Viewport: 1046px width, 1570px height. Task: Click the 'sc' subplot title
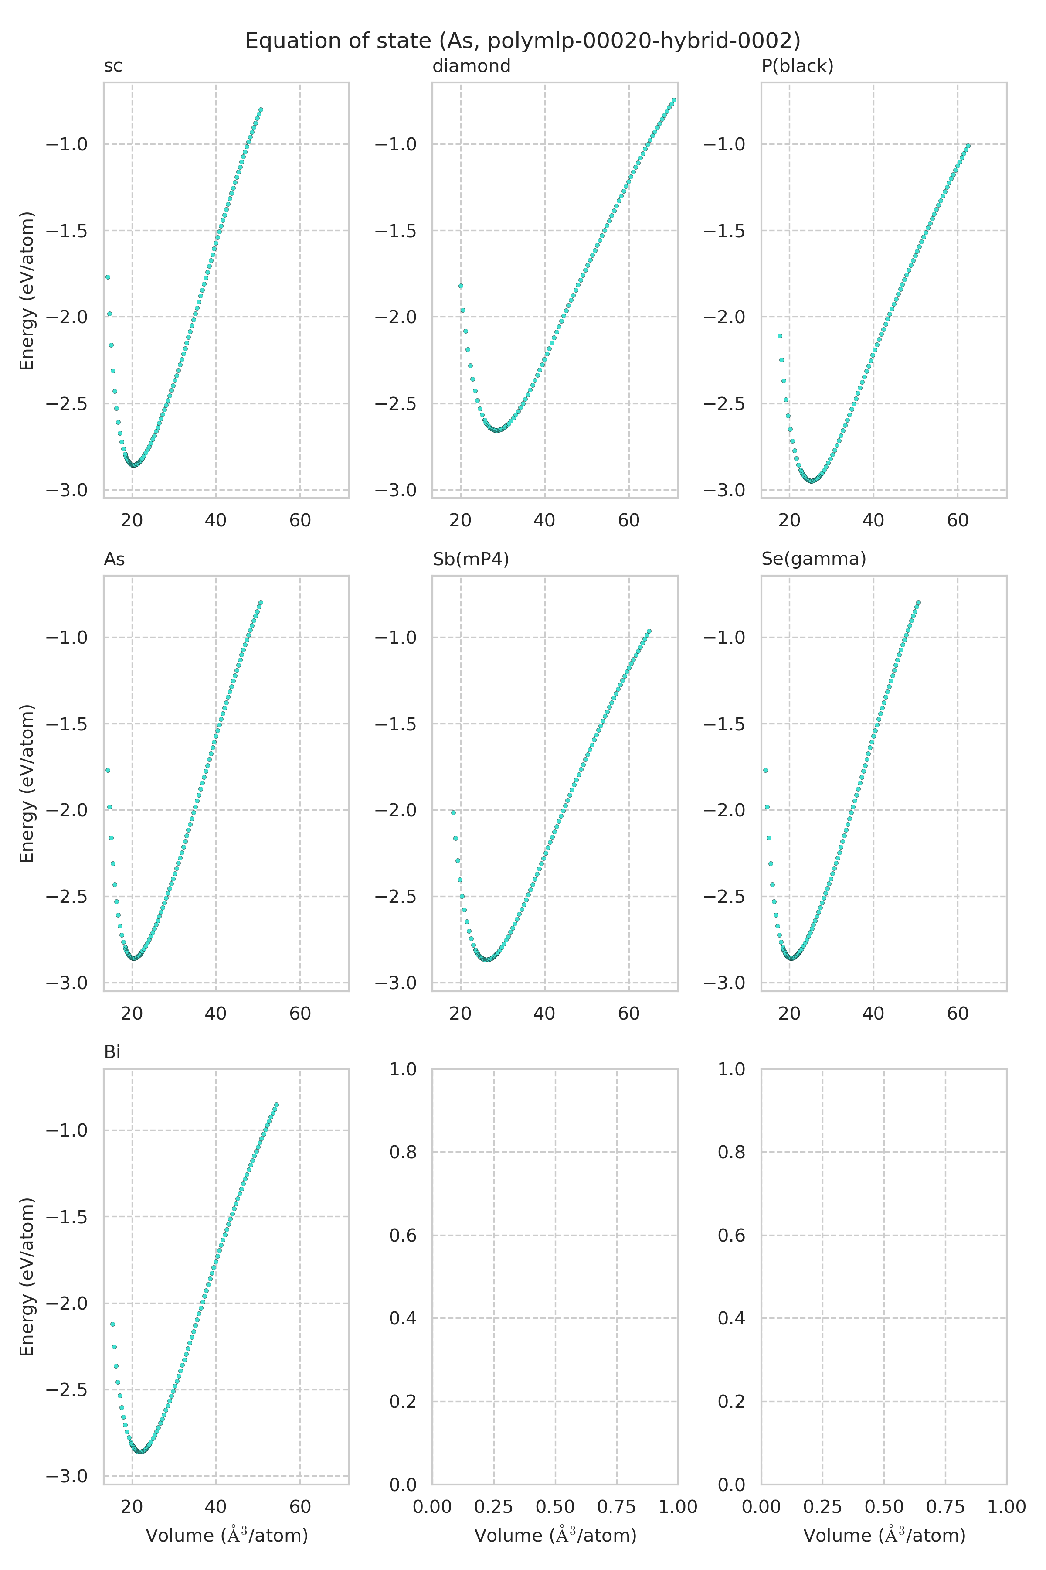coord(113,66)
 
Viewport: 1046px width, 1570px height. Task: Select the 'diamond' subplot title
coord(471,66)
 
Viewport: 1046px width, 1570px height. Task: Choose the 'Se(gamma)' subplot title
coord(813,559)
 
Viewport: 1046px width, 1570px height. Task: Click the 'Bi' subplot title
coord(112,1052)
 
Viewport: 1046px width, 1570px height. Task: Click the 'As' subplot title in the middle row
coord(114,559)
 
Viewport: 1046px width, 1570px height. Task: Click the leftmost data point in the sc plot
coord(107,277)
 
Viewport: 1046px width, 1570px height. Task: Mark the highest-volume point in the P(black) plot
coord(968,146)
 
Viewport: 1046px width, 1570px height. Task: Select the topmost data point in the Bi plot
coord(276,1105)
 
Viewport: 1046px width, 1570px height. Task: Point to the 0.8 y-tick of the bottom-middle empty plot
coord(402,1152)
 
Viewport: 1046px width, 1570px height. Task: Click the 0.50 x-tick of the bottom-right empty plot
coord(884,1507)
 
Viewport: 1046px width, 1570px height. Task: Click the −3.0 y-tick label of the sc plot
coord(66,490)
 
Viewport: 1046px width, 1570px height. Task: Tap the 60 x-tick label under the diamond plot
coord(628,521)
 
